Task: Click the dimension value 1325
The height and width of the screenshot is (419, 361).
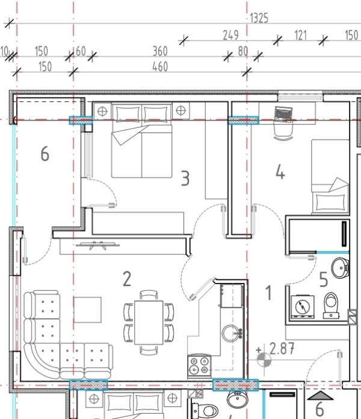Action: [x=259, y=18]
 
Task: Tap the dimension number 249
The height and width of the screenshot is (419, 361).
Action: [x=230, y=36]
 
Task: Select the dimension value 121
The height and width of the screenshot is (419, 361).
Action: [x=300, y=36]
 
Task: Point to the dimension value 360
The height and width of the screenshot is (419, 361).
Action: [x=160, y=51]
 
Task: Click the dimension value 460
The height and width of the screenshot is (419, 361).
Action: [x=160, y=67]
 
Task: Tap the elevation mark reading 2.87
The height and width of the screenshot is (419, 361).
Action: [x=282, y=349]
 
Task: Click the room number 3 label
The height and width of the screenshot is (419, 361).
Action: [x=185, y=178]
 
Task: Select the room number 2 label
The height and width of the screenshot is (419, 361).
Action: [x=127, y=279]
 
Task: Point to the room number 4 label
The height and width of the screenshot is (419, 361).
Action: [x=280, y=172]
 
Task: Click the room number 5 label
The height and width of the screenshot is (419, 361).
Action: [x=324, y=279]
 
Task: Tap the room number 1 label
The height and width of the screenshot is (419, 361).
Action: [x=268, y=293]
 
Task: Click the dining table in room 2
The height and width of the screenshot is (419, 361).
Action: [x=149, y=323]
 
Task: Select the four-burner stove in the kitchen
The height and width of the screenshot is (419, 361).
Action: [x=199, y=365]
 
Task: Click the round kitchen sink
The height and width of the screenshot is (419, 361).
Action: [x=232, y=334]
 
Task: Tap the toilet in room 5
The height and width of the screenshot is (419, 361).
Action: [x=331, y=305]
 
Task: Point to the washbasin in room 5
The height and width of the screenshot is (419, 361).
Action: [x=340, y=268]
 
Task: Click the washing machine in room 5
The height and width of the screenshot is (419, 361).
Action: [x=303, y=307]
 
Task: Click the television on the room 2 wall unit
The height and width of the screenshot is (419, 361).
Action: [x=97, y=245]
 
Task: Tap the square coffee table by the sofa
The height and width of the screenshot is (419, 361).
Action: [x=88, y=309]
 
